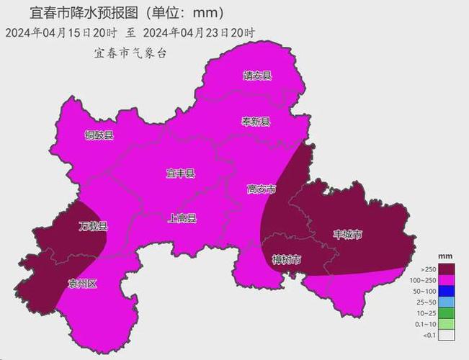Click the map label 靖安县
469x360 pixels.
(256, 76)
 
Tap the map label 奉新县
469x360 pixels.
(255, 122)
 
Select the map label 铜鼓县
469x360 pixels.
(99, 135)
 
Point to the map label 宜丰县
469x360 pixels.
(180, 174)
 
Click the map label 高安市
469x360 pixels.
(261, 189)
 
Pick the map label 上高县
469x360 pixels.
(182, 218)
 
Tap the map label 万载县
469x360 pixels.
(93, 226)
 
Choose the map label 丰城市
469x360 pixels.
(347, 234)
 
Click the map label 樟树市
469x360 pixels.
(286, 259)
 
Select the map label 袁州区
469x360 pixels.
(81, 283)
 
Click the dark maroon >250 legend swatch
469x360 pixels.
(446, 268)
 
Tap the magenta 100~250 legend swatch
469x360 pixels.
(446, 279)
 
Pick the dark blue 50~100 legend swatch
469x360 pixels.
(446, 290)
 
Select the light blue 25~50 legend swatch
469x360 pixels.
(446, 302)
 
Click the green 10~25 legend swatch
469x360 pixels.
(446, 312)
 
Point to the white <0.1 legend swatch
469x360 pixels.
(446, 335)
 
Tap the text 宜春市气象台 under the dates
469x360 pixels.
(130, 53)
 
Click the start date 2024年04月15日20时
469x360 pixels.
(61, 33)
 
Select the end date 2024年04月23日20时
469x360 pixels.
(199, 33)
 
